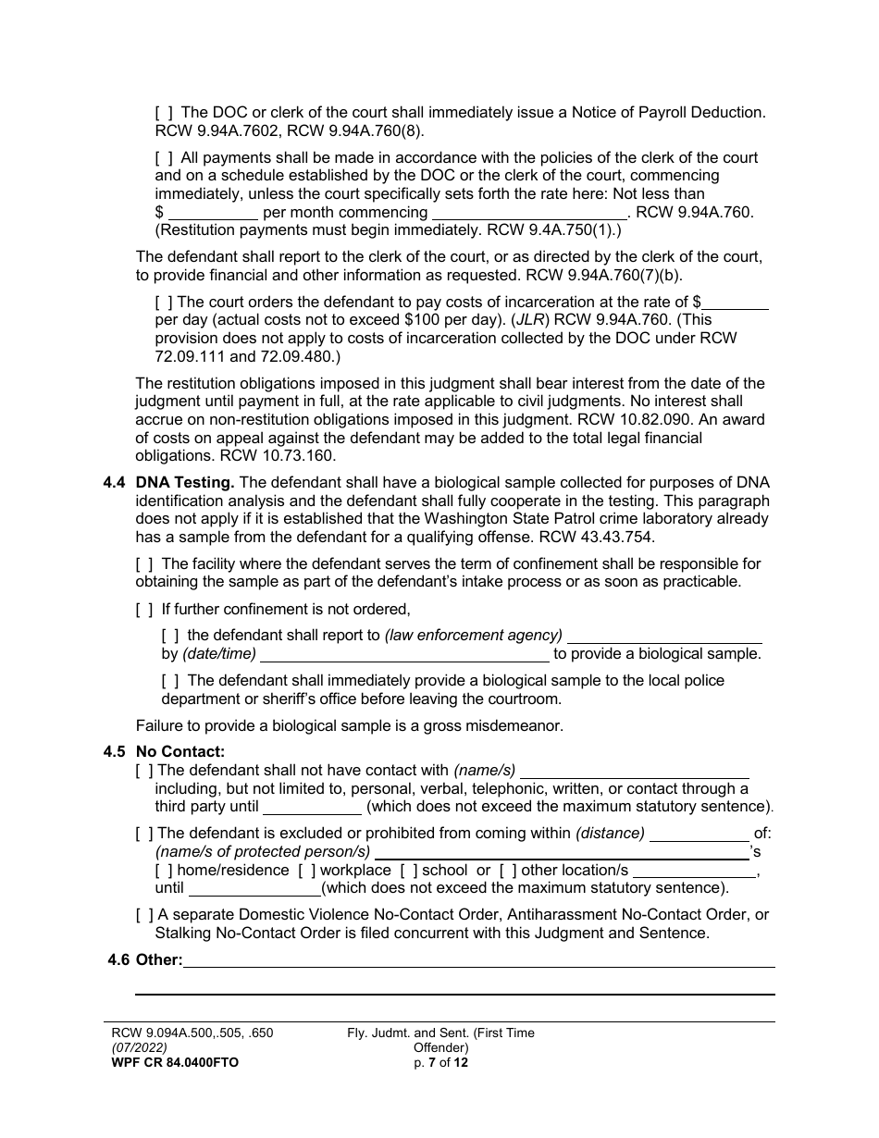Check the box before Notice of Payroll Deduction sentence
click(x=163, y=113)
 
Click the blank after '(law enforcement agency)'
click(x=664, y=636)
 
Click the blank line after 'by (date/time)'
click(x=404, y=654)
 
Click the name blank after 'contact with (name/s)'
click(x=636, y=771)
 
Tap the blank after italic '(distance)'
click(x=699, y=834)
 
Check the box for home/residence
click(x=164, y=871)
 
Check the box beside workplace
click(x=306, y=871)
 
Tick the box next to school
click(x=408, y=871)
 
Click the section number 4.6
click(x=118, y=960)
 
